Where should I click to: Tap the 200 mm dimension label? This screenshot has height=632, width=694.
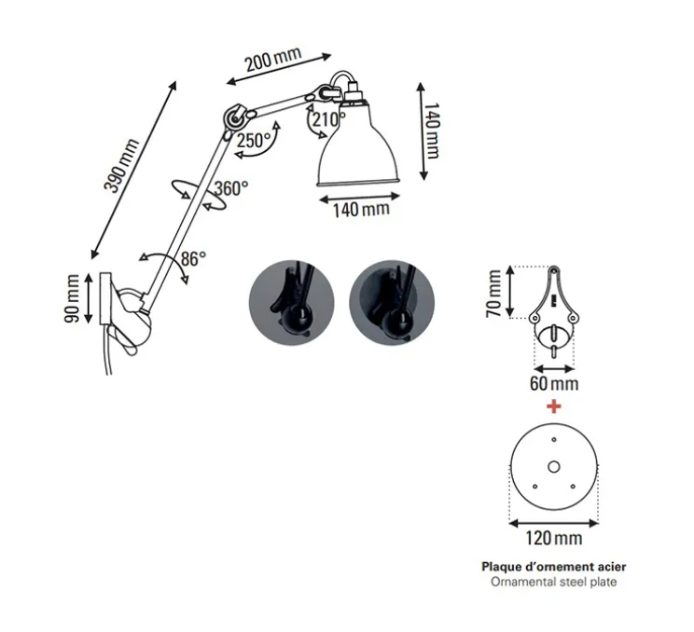pyautogui.click(x=272, y=62)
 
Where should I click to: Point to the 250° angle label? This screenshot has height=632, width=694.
pyautogui.click(x=254, y=141)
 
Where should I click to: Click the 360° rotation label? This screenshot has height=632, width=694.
pyautogui.click(x=231, y=188)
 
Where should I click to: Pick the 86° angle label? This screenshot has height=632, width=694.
pyautogui.click(x=193, y=259)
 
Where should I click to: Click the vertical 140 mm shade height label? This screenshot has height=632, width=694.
pyautogui.click(x=431, y=131)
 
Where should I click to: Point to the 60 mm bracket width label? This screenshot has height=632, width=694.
pyautogui.click(x=554, y=383)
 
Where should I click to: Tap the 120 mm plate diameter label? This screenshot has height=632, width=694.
pyautogui.click(x=554, y=538)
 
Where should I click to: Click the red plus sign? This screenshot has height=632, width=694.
pyautogui.click(x=554, y=406)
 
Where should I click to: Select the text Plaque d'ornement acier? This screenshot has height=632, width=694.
pyautogui.click(x=554, y=566)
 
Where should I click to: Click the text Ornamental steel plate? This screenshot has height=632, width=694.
pyautogui.click(x=554, y=582)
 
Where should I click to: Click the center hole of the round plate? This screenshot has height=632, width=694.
pyautogui.click(x=553, y=468)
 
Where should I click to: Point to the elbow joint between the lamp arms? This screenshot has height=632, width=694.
pyautogui.click(x=232, y=117)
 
